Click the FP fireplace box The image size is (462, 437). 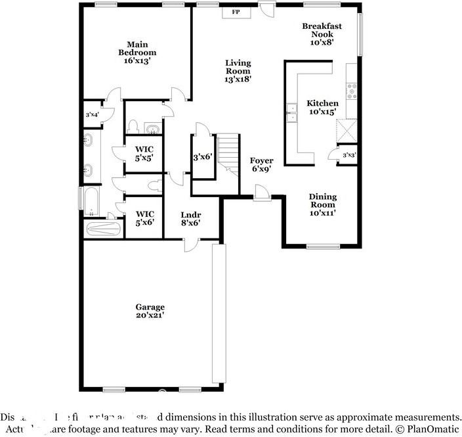(236, 12)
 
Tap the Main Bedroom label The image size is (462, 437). (137, 53)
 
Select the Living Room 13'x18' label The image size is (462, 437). (238, 70)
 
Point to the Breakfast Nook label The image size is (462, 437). (322, 34)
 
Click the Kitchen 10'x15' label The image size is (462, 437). (323, 107)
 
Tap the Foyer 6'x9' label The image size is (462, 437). (262, 165)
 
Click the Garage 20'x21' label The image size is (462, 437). (150, 311)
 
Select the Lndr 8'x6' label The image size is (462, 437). (190, 219)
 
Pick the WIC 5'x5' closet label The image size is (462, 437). (144, 154)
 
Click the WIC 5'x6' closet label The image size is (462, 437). (144, 218)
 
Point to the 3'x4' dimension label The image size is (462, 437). (92, 115)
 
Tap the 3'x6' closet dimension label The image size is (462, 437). (202, 157)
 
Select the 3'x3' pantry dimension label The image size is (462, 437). (349, 155)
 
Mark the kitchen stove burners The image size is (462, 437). (352, 91)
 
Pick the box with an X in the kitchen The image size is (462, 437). (346, 131)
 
